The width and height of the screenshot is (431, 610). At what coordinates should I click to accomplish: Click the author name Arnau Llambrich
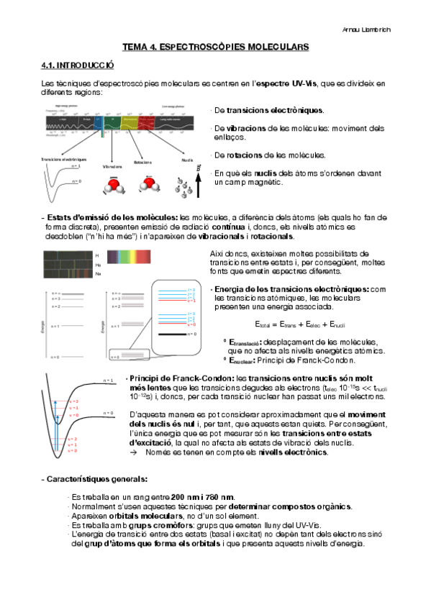387,29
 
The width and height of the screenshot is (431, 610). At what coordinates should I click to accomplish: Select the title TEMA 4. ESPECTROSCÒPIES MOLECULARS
215,47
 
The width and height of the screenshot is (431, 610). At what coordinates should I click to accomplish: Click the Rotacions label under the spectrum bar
142,163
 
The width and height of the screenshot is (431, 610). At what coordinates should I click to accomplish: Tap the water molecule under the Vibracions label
113,186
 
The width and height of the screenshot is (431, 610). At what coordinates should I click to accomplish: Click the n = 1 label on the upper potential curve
108,380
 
